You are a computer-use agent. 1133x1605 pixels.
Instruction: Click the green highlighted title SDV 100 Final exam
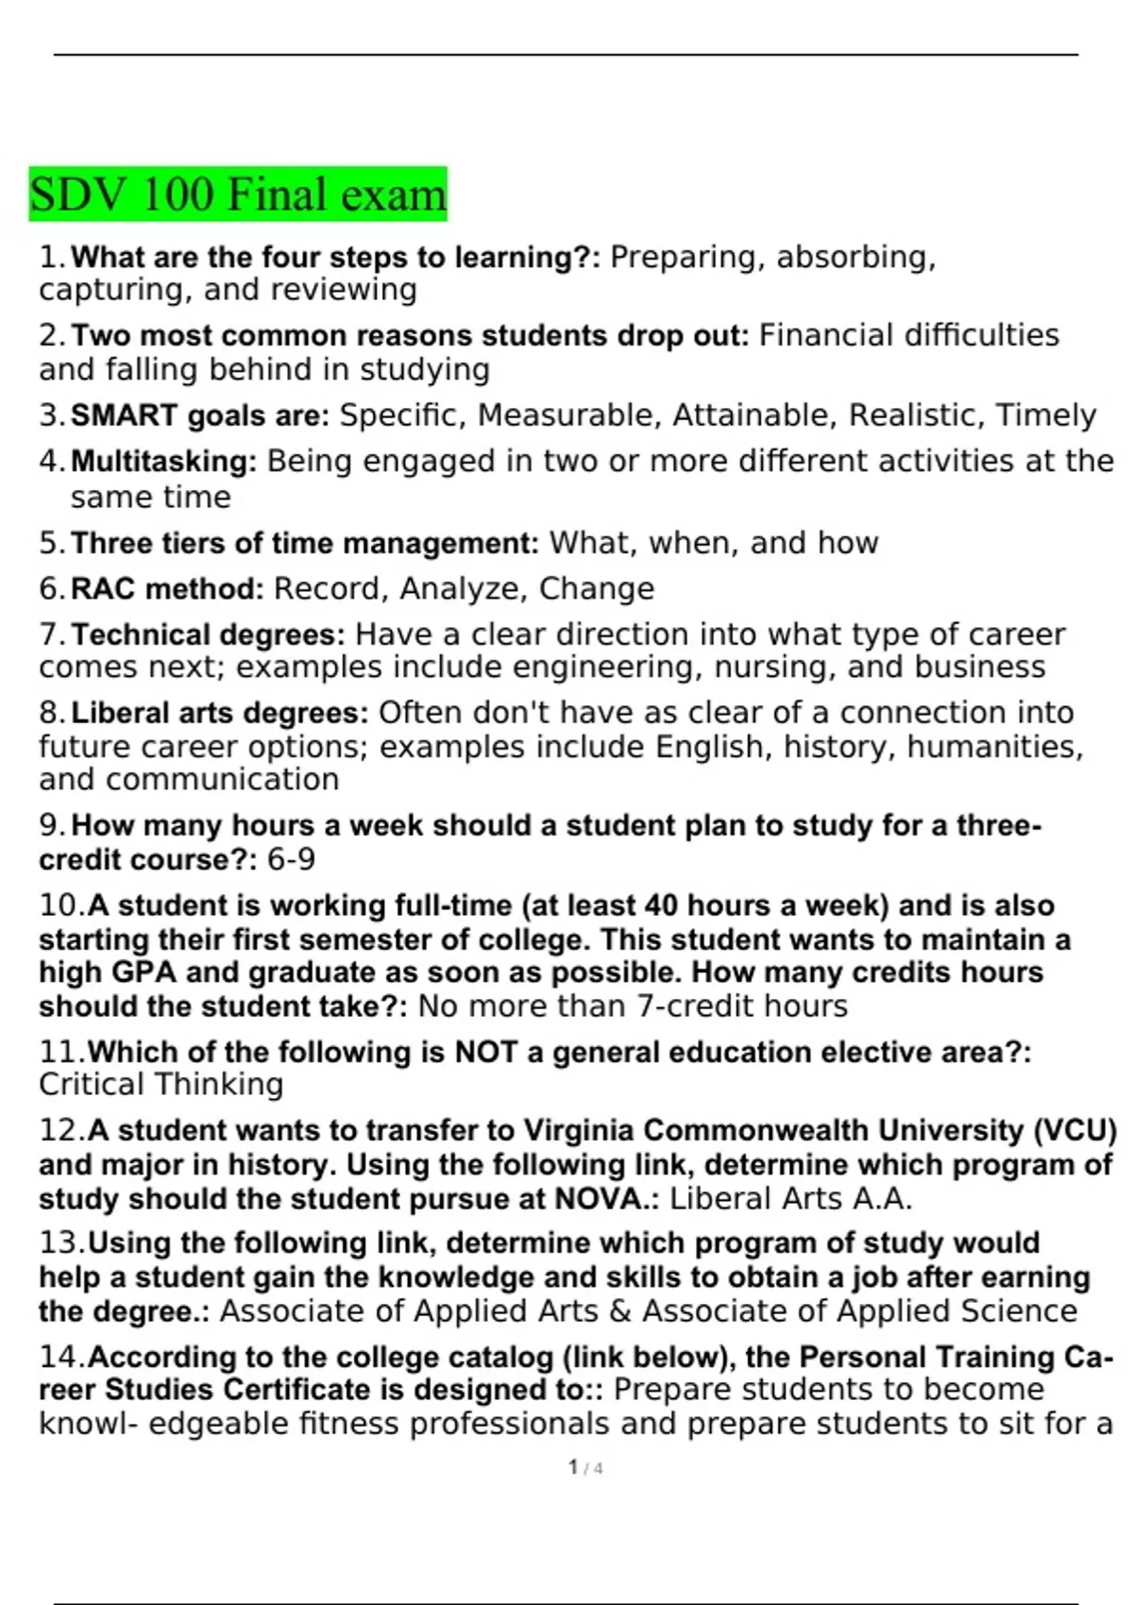click(237, 194)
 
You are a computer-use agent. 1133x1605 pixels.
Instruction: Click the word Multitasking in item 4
click(163, 462)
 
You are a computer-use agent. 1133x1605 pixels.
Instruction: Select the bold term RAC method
click(167, 589)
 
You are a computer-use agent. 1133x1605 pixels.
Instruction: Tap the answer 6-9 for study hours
click(291, 860)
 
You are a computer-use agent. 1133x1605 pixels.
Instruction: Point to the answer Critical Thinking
click(161, 1085)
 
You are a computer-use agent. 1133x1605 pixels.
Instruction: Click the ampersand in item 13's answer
click(620, 1311)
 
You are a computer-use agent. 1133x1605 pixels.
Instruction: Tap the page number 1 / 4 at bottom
click(585, 1468)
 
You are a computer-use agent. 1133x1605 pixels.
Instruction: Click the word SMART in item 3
click(124, 415)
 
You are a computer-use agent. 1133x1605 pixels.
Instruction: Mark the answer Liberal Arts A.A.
click(790, 1199)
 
